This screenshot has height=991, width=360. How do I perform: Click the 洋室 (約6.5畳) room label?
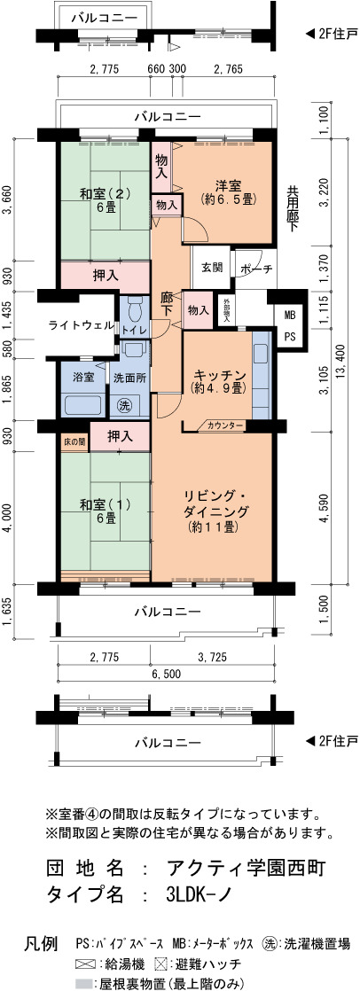227,192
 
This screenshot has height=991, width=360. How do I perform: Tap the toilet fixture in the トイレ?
134,311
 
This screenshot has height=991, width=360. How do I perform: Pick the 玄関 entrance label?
211,268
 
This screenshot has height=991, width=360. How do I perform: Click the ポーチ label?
255,269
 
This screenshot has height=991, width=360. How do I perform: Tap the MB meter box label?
289,314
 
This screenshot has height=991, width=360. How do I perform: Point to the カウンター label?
224,426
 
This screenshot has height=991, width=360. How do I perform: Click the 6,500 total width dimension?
167,674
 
